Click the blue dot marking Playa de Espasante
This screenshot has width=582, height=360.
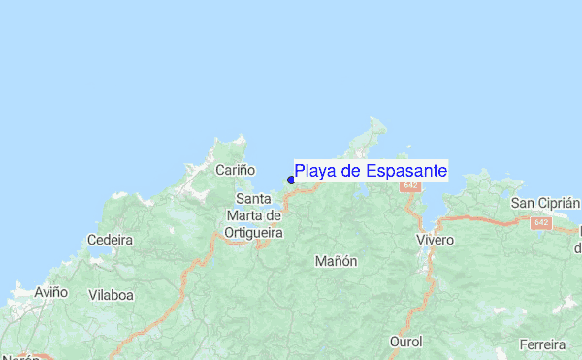click(291, 180)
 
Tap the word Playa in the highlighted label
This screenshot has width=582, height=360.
click(314, 172)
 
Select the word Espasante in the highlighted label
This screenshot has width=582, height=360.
click(406, 172)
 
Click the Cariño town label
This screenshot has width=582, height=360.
click(235, 170)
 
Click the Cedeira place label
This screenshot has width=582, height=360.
click(109, 240)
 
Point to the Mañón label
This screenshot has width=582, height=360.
click(337, 261)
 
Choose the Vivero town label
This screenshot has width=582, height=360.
click(435, 239)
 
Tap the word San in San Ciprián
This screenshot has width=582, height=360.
click(524, 203)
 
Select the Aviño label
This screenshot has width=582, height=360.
click(50, 291)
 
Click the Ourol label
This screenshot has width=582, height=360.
click(405, 343)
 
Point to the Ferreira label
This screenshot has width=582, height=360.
click(542, 344)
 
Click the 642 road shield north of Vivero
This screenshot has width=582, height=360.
click(410, 184)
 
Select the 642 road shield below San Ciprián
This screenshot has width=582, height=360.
click(540, 223)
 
